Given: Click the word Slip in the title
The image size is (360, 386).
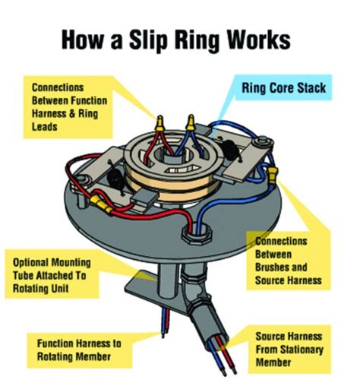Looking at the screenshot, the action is tap(148, 40).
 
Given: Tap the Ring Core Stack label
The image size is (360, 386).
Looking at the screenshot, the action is tap(283, 88).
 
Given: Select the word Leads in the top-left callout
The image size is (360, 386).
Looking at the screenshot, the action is tap(44, 127).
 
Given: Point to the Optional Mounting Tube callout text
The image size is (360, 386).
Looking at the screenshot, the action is tap(52, 275).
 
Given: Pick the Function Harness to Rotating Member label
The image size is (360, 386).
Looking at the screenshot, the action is tap(79, 350).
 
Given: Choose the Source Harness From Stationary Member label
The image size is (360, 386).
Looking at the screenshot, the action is tap(289, 350).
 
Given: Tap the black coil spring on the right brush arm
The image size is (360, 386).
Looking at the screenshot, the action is tap(230, 150).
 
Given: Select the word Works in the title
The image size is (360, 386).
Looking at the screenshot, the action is tap(258, 40).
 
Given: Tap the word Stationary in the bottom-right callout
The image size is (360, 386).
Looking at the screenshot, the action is tap(302, 350).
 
